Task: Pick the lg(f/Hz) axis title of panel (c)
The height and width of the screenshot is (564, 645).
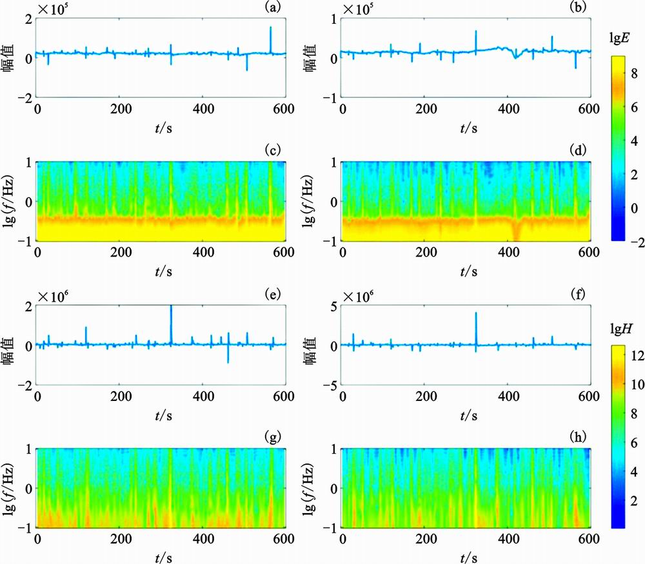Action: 14,201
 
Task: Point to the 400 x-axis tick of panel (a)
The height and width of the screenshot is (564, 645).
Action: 203,110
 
